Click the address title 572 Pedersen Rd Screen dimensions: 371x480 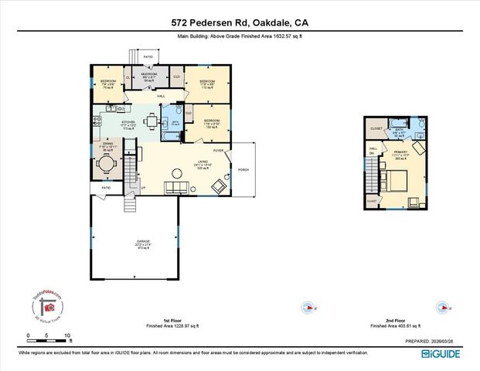coord(240,24)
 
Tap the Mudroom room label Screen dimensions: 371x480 coord(150,74)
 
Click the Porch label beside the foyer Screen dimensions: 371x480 coord(243,170)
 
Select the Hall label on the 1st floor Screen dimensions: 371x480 coord(162,96)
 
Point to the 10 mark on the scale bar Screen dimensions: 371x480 coord(69,335)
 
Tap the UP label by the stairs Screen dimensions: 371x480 coord(143,188)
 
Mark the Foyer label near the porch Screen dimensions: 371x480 coord(218,150)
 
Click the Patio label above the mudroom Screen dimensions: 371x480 coord(148,57)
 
